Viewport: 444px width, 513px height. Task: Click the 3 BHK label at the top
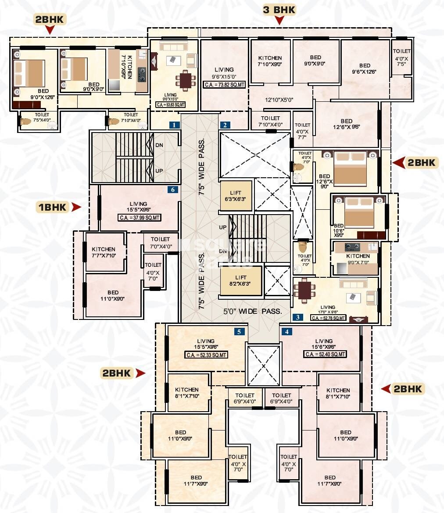coord(279,10)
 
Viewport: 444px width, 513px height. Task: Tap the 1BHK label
coord(52,207)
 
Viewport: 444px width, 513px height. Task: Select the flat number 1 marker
coord(175,125)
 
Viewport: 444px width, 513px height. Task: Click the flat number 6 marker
coord(173,190)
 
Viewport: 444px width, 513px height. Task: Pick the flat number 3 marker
coord(298,317)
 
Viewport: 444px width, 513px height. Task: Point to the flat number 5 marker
coord(239,332)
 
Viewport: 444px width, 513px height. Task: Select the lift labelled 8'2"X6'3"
coord(241,281)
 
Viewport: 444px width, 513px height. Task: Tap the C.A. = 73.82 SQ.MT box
coord(224,85)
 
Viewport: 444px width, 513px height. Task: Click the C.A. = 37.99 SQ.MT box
coord(140,217)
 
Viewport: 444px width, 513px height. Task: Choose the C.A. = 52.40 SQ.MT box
coord(324,354)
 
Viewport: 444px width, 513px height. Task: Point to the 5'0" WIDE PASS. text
coord(252,311)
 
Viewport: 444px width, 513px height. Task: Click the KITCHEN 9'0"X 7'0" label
coord(358,259)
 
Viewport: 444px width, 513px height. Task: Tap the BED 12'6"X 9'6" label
coord(346,125)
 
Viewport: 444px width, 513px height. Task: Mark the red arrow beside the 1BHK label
coord(77,207)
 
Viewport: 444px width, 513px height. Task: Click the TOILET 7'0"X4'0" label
coord(160,242)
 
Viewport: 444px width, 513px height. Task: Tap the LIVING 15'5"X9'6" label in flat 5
coord(205,344)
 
